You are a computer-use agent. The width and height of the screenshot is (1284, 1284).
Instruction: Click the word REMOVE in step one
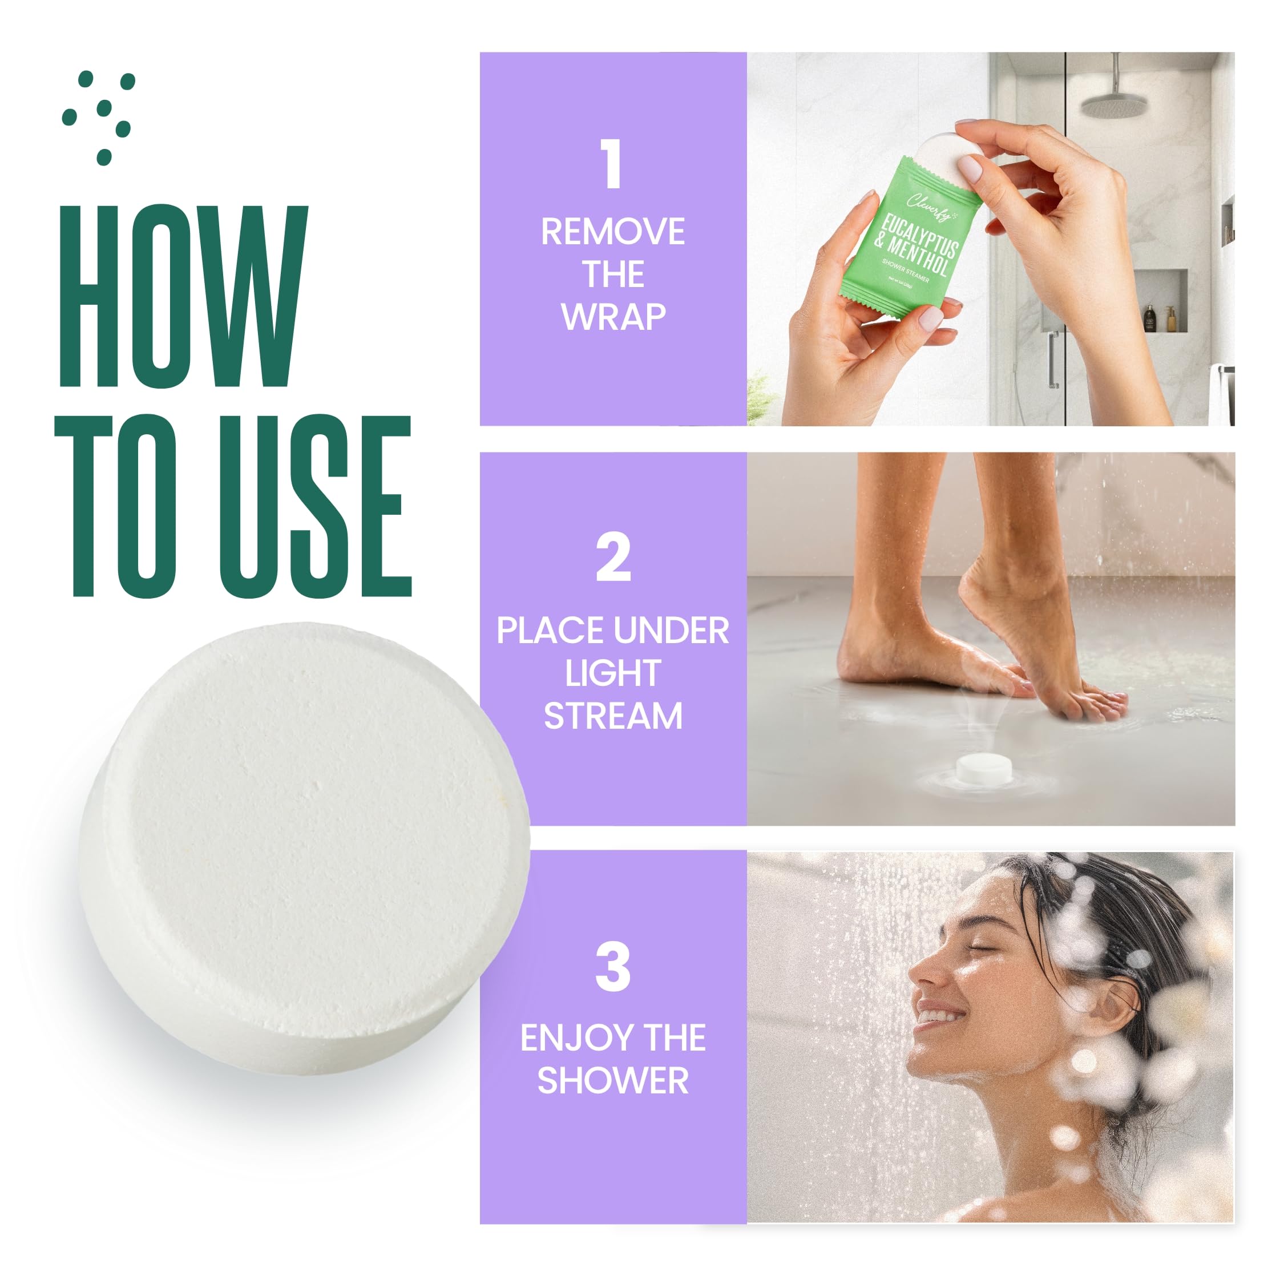point(612,232)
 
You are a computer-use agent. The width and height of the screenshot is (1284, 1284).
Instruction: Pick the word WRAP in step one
point(612,317)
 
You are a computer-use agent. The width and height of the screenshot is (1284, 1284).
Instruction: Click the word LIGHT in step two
point(612,673)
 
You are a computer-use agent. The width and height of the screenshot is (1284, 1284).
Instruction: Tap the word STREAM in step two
point(612,716)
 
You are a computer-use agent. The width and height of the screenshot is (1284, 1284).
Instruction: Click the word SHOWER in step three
point(612,1081)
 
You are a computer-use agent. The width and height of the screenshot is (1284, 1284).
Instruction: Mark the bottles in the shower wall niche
point(1158,318)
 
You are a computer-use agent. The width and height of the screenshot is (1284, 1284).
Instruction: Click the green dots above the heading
point(100,116)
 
